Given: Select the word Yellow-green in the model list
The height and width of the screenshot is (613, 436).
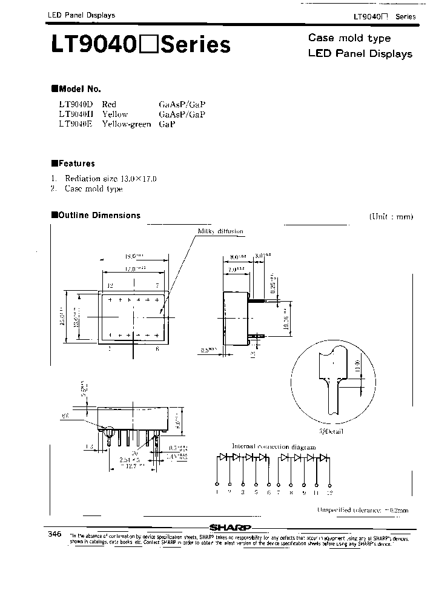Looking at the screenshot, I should click(126, 124).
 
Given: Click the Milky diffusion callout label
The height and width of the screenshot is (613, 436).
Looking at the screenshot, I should click(220, 231).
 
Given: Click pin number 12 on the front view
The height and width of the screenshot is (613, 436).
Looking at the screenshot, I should click(110, 285).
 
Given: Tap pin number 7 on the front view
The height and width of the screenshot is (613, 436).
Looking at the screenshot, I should click(157, 285).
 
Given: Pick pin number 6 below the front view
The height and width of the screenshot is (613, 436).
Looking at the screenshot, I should click(157, 349).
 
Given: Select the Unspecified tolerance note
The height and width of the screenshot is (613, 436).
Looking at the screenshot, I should click(362, 510).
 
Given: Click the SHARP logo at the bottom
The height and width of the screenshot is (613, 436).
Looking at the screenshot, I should click(230, 526).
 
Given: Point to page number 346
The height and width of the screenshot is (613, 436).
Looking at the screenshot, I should click(54, 534).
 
